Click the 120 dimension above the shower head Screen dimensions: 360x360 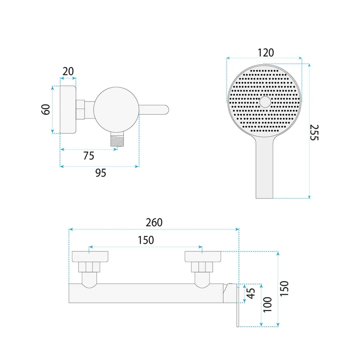click(x=265, y=53)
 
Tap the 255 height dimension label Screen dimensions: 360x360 click(x=314, y=133)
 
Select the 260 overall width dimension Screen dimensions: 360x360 click(x=154, y=222)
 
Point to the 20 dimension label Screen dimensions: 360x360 click(x=68, y=71)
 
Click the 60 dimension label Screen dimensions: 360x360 click(x=46, y=109)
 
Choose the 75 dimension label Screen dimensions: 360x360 click(x=88, y=156)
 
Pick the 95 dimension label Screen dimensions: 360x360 click(x=101, y=173)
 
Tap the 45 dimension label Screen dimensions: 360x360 click(x=251, y=293)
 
